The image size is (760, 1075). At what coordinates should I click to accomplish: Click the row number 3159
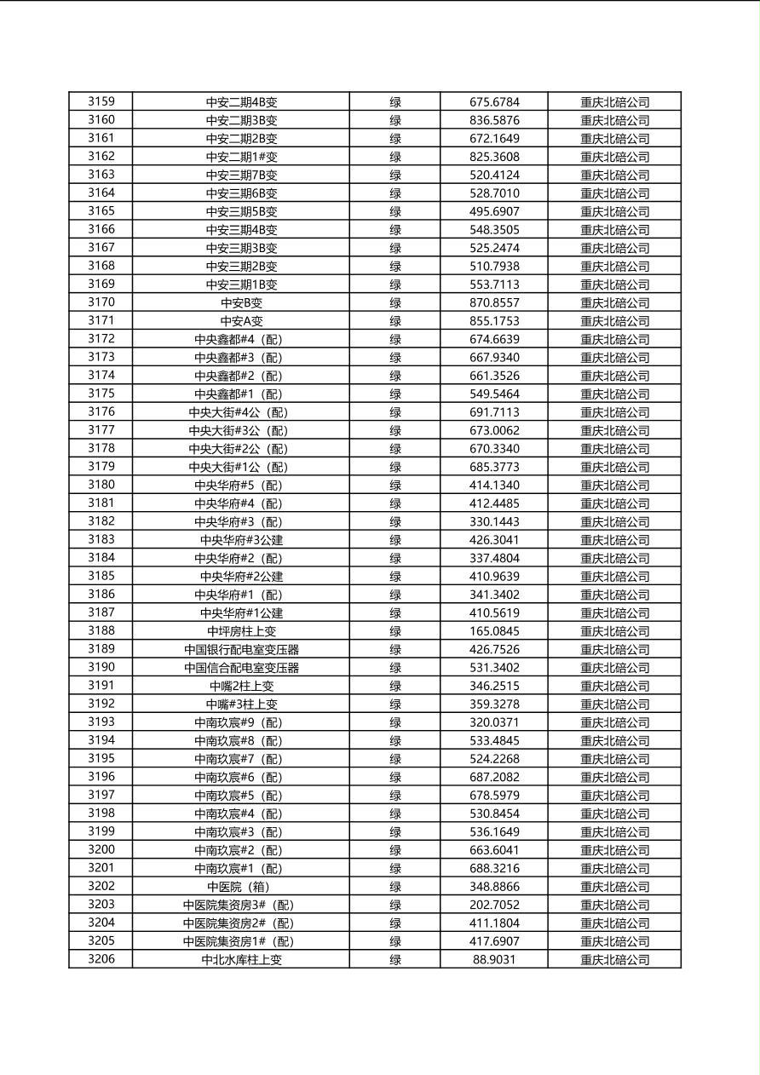point(101,101)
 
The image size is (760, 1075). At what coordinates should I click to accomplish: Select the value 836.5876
point(494,120)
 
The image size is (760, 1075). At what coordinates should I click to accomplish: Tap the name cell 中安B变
point(241,302)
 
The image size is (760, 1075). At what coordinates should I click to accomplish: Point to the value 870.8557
point(494,302)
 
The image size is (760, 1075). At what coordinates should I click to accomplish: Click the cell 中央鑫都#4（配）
point(241,339)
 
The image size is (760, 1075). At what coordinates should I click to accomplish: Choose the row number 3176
point(101,411)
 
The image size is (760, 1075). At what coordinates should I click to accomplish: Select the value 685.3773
point(494,467)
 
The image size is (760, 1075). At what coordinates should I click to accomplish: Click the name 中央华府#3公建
point(241,539)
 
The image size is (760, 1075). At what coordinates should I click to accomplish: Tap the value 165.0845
point(494,631)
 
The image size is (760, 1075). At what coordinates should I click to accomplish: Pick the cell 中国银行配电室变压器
point(241,649)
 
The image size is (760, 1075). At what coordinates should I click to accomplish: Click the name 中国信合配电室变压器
point(241,668)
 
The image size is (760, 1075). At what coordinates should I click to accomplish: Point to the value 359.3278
point(494,704)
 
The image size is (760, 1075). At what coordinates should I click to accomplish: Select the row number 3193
point(101,721)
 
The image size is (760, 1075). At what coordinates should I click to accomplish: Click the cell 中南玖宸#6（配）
point(241,777)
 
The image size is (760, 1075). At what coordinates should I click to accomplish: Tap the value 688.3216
point(494,868)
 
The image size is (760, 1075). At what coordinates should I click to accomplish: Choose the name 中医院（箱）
point(241,887)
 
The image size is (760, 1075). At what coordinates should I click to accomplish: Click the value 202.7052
point(494,905)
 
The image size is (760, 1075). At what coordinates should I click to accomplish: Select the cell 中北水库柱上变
point(241,959)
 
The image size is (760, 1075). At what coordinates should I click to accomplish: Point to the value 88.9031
point(494,959)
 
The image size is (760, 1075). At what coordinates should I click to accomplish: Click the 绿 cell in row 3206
point(395,959)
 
